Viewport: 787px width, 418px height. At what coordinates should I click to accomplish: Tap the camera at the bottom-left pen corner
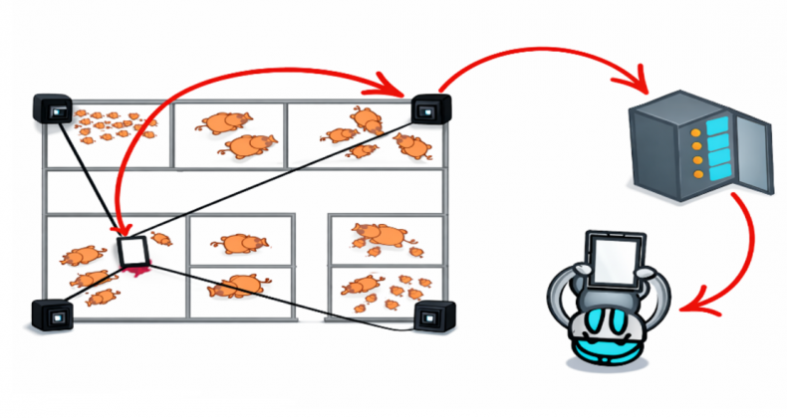(53, 315)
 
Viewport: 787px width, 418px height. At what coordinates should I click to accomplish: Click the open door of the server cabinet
(755, 154)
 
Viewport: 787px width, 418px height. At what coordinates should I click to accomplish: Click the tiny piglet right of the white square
(161, 239)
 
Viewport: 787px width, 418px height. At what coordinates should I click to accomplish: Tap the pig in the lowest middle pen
(237, 286)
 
